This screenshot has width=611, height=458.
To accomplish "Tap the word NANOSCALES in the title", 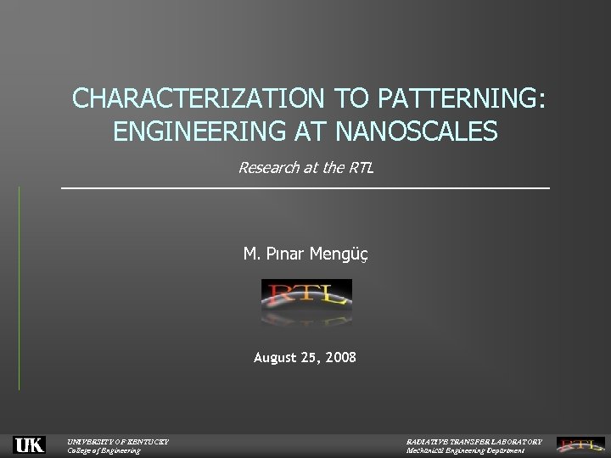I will (418, 132).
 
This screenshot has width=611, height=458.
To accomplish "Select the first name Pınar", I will (281, 254).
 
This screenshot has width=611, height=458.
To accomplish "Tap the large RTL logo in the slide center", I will (305, 296).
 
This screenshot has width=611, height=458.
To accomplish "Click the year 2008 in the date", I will (340, 358).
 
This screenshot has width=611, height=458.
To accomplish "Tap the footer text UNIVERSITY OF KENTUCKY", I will (118, 441).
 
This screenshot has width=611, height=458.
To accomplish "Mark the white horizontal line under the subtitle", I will (305, 187).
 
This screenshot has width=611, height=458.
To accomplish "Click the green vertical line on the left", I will (19, 288).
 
